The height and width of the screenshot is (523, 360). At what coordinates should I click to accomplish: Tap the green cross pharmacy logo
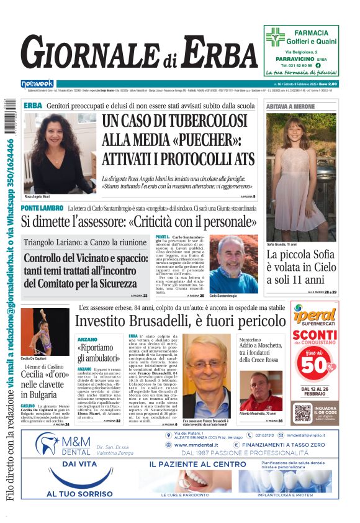[275, 37]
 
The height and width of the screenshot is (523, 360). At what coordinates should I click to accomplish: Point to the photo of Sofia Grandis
[301, 176]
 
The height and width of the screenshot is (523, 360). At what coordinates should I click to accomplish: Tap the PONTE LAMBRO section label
[42, 208]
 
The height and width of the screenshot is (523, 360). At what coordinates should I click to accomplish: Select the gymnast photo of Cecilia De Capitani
[45, 333]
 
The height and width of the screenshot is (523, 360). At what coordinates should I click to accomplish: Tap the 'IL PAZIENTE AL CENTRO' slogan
[197, 463]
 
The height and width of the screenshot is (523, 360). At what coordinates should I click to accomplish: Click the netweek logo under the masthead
[37, 84]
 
